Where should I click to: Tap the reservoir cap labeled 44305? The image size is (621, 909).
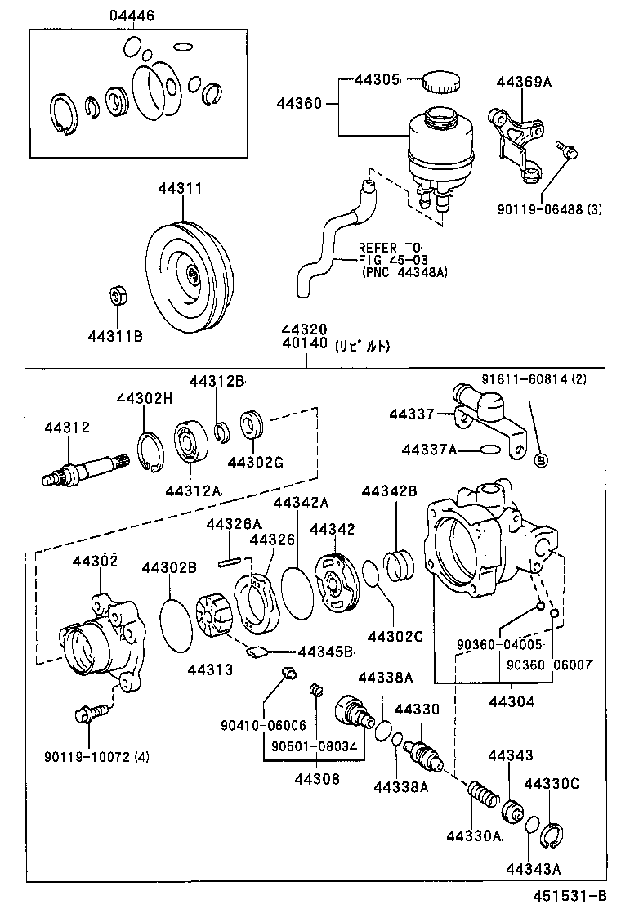click(440, 82)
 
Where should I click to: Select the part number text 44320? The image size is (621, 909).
click(305, 329)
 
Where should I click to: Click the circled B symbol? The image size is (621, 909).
click(540, 461)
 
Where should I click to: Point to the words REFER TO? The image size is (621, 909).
click(389, 248)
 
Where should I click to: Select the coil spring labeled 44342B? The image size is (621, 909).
click(399, 564)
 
